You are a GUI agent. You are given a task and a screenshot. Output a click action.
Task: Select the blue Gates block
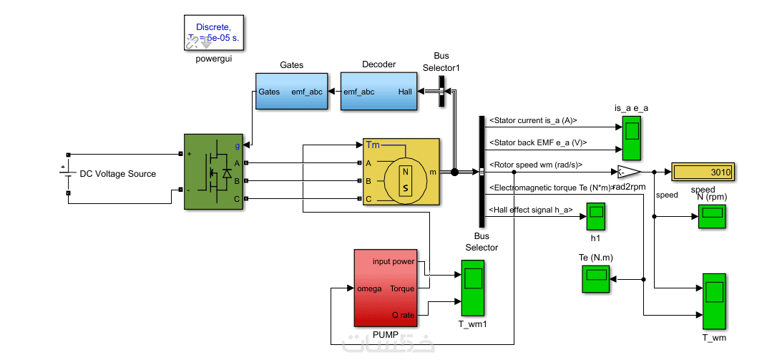point(290,92)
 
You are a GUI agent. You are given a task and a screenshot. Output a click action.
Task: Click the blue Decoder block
point(377,92)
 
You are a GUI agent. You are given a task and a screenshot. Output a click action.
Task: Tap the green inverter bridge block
point(214,172)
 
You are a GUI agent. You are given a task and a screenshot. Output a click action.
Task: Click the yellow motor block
point(401,172)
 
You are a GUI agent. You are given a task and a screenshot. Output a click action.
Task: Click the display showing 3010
point(703,172)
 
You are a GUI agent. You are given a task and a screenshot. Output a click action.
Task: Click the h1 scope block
point(596,215)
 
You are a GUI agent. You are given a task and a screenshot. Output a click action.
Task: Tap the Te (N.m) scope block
point(596,278)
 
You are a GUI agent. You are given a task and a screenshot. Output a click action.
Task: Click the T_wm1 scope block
point(472,288)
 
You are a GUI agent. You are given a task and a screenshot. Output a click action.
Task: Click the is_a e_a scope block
point(632,138)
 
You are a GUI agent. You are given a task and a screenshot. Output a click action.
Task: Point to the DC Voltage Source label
point(117,174)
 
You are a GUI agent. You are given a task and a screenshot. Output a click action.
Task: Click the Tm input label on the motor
point(373,145)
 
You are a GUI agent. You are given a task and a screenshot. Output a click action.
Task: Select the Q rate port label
point(403,315)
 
